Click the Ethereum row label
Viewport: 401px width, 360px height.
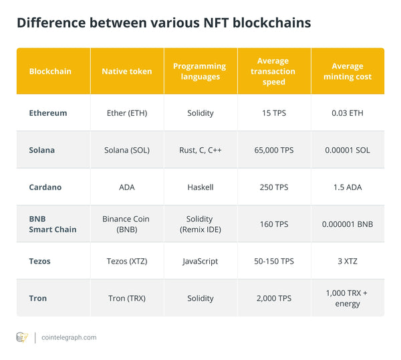click(x=48, y=113)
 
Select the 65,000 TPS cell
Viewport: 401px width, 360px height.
click(x=274, y=151)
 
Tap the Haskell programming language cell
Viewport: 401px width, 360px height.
click(x=200, y=187)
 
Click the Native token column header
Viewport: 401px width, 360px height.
click(x=127, y=72)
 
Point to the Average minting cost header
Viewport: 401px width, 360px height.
click(x=348, y=72)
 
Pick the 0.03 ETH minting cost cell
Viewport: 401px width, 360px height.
click(x=348, y=113)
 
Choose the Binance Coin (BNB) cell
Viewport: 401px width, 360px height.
click(x=127, y=224)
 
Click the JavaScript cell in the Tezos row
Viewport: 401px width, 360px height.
click(x=200, y=262)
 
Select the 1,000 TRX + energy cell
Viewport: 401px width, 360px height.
click(x=348, y=298)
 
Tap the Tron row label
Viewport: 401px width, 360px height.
click(x=38, y=298)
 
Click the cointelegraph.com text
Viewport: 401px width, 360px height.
click(x=69, y=338)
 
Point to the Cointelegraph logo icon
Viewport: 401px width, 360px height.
click(x=22, y=337)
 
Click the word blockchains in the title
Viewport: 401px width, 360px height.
click(x=268, y=23)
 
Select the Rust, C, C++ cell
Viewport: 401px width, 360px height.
click(x=200, y=151)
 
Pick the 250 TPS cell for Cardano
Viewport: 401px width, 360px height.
click(x=274, y=187)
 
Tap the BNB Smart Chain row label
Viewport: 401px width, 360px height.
click(x=52, y=224)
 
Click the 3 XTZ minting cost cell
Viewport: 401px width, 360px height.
click(x=348, y=262)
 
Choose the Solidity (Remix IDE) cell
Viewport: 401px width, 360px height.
click(x=200, y=224)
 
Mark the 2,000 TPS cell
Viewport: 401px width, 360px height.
click(x=274, y=298)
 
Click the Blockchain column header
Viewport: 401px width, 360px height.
click(x=50, y=72)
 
